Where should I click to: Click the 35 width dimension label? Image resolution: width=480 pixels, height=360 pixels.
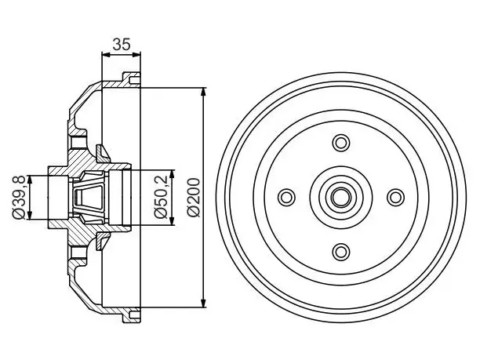pyautogui.click(x=122, y=45)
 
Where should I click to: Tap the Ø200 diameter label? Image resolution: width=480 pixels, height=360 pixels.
pyautogui.click(x=194, y=198)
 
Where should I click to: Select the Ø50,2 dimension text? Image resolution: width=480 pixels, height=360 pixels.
pyautogui.click(x=162, y=197)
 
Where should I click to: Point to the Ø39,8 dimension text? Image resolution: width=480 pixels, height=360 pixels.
pyautogui.click(x=19, y=198)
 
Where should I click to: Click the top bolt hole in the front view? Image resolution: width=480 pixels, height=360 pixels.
pyautogui.click(x=341, y=143)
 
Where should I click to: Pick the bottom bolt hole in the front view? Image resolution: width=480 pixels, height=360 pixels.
pyautogui.click(x=341, y=252)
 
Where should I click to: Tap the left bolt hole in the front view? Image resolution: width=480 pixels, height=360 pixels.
pyautogui.click(x=286, y=197)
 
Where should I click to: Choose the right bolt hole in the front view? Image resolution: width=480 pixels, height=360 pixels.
pyautogui.click(x=395, y=197)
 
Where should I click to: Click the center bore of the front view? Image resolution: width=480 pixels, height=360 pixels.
pyautogui.click(x=341, y=197)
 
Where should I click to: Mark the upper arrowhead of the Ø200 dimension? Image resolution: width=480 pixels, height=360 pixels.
pyautogui.click(x=203, y=93)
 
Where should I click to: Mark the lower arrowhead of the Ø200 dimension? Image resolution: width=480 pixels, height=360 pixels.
pyautogui.click(x=203, y=303)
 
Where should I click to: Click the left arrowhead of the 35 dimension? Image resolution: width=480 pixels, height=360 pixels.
pyautogui.click(x=106, y=55)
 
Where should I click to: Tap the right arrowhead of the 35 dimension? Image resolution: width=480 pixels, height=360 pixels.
pyautogui.click(x=136, y=55)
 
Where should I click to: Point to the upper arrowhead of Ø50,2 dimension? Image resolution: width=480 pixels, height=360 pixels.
pyautogui.click(x=172, y=174)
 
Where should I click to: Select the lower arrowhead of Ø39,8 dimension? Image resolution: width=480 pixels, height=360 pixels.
pyautogui.click(x=29, y=215)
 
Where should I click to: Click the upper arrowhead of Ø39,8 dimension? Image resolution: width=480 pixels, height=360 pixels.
pyautogui.click(x=29, y=180)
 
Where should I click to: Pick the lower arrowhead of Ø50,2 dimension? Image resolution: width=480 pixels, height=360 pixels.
pyautogui.click(x=172, y=220)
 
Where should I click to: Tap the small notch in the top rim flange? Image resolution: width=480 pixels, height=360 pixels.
pyautogui.click(x=135, y=81)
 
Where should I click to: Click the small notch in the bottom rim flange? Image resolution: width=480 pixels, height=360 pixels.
pyautogui.click(x=135, y=315)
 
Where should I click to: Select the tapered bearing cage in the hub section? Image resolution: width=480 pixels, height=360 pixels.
pyautogui.click(x=89, y=198)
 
